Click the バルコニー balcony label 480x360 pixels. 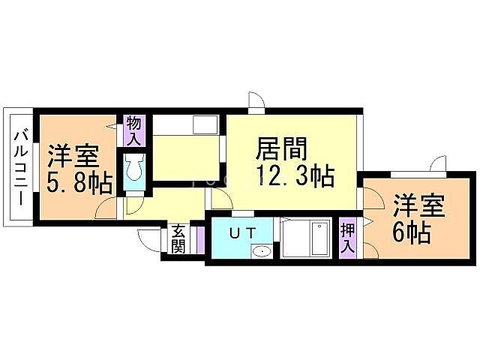(21, 169)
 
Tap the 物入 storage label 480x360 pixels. (133, 130)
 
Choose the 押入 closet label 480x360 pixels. (347, 237)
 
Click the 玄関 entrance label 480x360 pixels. (178, 240)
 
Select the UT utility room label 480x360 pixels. (242, 232)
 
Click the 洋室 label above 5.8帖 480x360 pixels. (74, 157)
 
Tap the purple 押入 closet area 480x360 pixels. (347, 238)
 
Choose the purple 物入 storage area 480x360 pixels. (133, 131)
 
